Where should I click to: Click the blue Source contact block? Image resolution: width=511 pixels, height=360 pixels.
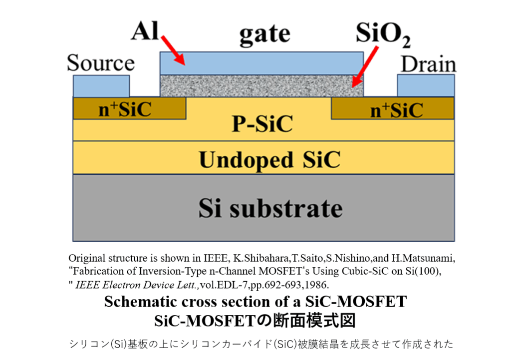(101, 85)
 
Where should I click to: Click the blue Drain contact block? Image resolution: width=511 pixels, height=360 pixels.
(426, 85)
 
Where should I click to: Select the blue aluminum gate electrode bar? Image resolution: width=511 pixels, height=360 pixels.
(261, 63)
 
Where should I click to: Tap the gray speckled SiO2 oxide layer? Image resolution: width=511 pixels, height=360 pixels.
(261, 85)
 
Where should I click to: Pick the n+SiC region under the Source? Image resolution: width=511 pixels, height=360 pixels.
(129, 108)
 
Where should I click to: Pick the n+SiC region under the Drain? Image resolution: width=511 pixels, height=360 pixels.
(393, 108)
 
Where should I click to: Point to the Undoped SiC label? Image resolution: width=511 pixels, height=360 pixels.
(269, 159)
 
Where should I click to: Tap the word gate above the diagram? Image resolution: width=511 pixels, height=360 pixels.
(264, 33)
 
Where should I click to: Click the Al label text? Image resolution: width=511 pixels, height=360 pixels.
(144, 31)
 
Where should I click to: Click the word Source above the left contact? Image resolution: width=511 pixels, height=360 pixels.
(101, 64)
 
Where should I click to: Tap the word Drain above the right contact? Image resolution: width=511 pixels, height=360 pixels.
(429, 65)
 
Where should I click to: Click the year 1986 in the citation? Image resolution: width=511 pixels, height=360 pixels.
(316, 285)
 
